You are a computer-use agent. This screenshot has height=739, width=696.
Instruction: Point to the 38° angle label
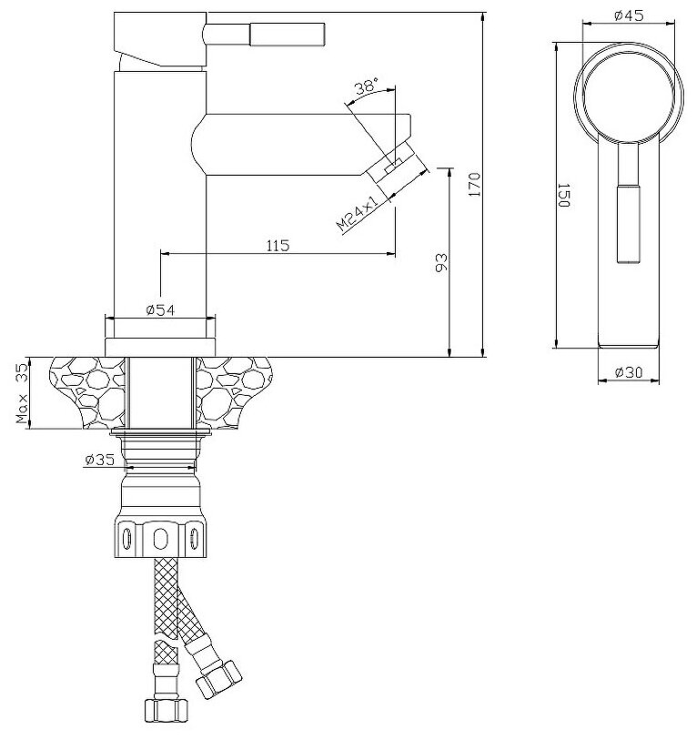(366, 87)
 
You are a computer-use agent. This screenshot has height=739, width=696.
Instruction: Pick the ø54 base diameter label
(160, 309)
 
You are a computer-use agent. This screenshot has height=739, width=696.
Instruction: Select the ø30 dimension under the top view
(629, 372)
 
